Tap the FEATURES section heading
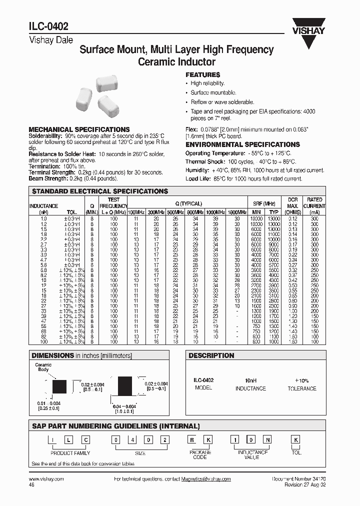203,74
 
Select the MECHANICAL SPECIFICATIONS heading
79,129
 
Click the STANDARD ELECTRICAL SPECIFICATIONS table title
100,191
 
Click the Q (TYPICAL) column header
188,203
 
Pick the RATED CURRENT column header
314,202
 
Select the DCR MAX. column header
292,202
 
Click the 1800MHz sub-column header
237,212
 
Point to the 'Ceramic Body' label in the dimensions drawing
43,367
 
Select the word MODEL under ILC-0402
203,388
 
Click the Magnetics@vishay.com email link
206,478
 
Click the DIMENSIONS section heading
53,355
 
